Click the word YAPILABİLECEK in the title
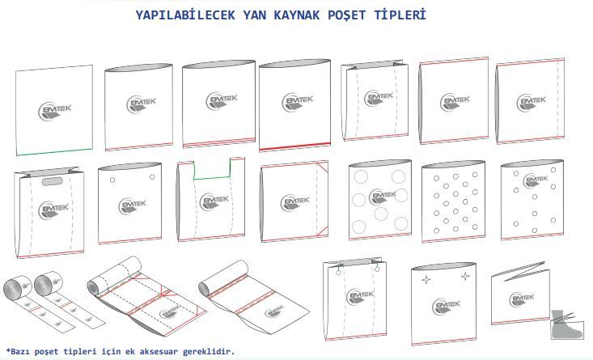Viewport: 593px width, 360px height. (x=185, y=15)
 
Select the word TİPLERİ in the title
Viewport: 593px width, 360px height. (x=400, y=15)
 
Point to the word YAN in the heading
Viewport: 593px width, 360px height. (x=255, y=15)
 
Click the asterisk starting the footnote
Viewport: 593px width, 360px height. (x=8, y=350)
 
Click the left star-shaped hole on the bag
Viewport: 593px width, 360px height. (x=426, y=280)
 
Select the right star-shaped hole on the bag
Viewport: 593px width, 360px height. (x=465, y=277)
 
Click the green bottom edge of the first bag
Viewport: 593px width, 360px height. (x=54, y=151)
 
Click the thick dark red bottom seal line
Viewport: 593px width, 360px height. (x=294, y=146)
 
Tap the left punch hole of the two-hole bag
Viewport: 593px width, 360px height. (x=112, y=180)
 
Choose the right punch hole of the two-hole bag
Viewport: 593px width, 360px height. (x=152, y=176)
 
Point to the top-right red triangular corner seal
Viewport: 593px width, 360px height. (x=322, y=167)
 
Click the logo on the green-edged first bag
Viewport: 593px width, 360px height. (x=55, y=111)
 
